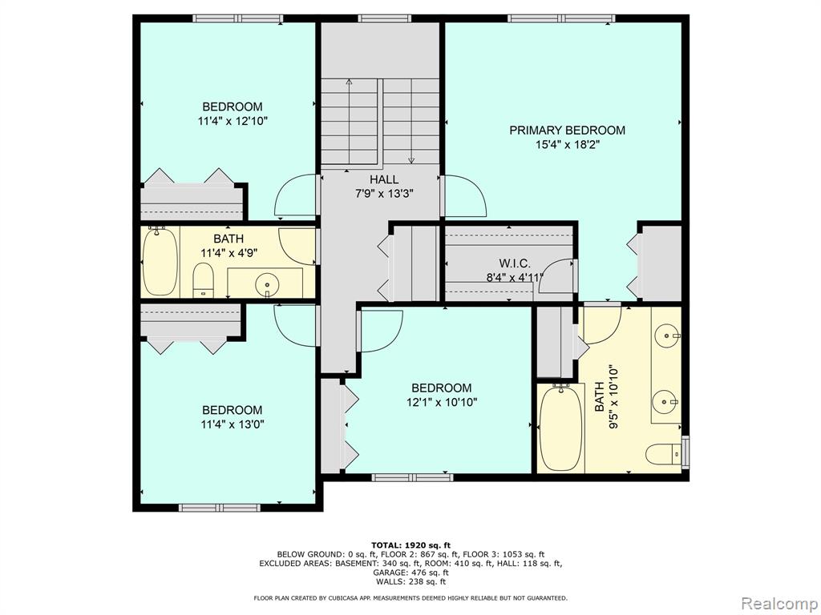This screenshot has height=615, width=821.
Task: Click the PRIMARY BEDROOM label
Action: pos(567,131)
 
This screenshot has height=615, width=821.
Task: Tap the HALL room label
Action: pos(384,179)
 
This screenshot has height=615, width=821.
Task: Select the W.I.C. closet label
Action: pos(515,263)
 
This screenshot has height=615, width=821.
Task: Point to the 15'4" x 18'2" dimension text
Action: pos(567,145)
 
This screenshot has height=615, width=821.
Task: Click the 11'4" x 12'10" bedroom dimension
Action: pos(233,122)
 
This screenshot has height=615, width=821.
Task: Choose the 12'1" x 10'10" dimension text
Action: pos(442,403)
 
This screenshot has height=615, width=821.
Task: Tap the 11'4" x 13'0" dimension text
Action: pos(232,424)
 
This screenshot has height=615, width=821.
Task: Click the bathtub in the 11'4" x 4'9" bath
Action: pos(160,261)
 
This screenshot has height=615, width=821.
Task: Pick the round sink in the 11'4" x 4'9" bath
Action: pos(267,284)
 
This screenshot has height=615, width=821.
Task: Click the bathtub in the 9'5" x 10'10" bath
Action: pos(560,428)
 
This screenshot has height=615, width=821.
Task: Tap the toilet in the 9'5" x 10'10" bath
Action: pos(664,453)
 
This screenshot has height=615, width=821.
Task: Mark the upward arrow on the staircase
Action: pos(350,121)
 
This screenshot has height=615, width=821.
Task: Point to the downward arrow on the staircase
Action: pos(411,121)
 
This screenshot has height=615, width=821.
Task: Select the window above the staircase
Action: pos(384,19)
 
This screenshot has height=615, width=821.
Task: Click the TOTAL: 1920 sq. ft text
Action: pos(410,545)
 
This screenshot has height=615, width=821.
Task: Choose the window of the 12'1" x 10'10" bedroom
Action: pos(412,477)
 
